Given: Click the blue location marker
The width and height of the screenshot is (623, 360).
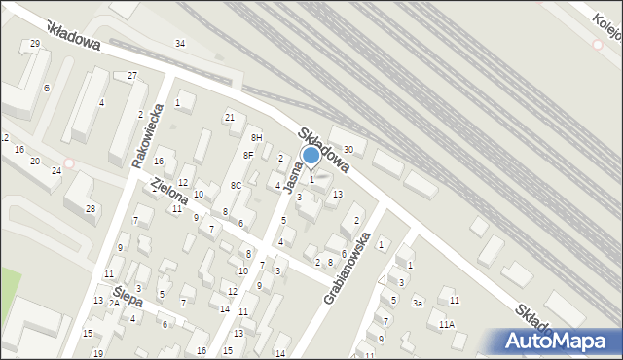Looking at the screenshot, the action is coord(311,155).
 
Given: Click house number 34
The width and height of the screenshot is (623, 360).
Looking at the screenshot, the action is coord(179,44).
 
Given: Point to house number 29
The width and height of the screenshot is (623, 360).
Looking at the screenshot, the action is coord(35,44).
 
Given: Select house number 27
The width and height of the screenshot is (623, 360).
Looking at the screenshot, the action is coord(132,76).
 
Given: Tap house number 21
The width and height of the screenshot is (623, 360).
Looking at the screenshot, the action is coord(230,118).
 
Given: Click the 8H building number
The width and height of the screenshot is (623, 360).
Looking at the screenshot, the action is coord(257,138).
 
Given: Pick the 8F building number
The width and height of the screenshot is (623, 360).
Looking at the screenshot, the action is coord(248,155).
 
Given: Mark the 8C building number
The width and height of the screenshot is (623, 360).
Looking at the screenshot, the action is coord(236,186).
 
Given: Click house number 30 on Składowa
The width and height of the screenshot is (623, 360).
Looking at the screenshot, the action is coord(348,148).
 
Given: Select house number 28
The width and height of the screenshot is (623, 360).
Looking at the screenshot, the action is coord(91,209).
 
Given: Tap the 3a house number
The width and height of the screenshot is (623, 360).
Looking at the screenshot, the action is coord(417,304).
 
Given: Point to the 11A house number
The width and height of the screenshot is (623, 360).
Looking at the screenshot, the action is coord(446,324).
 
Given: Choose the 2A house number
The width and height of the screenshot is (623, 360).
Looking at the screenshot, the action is coord(114,304).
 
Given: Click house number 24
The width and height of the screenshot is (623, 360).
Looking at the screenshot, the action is coord(56,171).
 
